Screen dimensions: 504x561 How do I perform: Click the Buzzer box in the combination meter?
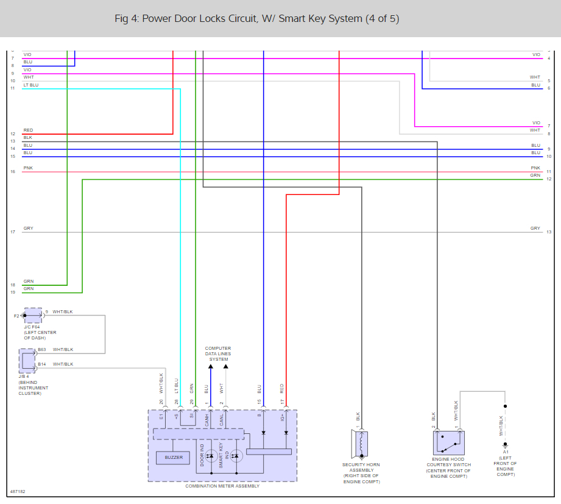click(x=174, y=457)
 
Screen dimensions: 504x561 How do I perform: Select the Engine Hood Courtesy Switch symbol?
click(x=449, y=443)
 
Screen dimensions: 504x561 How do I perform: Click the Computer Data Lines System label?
click(x=218, y=354)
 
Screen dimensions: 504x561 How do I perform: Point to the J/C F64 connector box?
click(x=34, y=315)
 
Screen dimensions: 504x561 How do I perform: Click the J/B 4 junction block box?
click(x=28, y=360)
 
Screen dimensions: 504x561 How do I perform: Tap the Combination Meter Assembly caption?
click(x=222, y=486)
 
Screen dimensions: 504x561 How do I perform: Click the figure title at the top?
click(x=257, y=18)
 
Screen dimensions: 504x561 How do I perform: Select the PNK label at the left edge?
click(x=28, y=168)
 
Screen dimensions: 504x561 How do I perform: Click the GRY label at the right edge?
click(x=535, y=229)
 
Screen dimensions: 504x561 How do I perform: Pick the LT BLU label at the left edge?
click(x=30, y=85)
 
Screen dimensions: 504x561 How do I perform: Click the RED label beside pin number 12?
click(x=28, y=130)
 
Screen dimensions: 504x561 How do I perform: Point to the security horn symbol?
click(x=361, y=444)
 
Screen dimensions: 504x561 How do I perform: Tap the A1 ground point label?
click(x=506, y=452)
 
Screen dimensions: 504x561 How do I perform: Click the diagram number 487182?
click(x=18, y=491)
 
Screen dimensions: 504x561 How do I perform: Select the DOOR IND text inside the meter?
click(x=202, y=455)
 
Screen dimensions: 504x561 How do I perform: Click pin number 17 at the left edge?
click(x=12, y=232)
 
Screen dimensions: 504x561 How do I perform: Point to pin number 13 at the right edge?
click(x=549, y=232)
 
